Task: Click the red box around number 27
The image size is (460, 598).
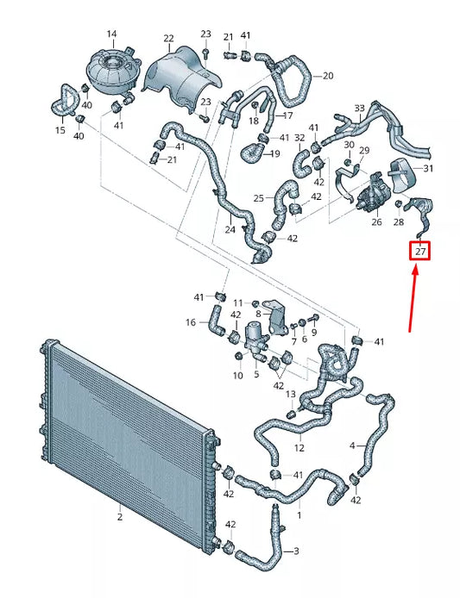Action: pyautogui.click(x=419, y=252)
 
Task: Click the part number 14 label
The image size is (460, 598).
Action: pyautogui.click(x=111, y=34)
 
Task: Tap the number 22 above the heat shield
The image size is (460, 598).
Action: pyautogui.click(x=168, y=39)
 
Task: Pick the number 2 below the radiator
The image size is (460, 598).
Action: pyautogui.click(x=120, y=517)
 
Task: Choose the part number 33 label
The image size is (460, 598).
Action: pyautogui.click(x=360, y=109)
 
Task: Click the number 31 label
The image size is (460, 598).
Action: pyautogui.click(x=428, y=168)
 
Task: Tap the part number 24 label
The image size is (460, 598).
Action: pyautogui.click(x=230, y=230)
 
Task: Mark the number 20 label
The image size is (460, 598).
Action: pyautogui.click(x=327, y=77)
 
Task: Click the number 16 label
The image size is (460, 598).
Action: pyautogui.click(x=191, y=322)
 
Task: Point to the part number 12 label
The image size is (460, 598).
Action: pyautogui.click(x=299, y=448)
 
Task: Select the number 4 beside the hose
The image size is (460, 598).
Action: pyautogui.click(x=352, y=445)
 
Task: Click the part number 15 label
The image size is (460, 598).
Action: pyautogui.click(x=60, y=130)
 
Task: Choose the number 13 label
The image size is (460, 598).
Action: pyautogui.click(x=291, y=394)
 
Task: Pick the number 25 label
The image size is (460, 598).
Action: pyautogui.click(x=258, y=198)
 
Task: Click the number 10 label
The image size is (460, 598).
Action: pyautogui.click(x=238, y=376)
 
